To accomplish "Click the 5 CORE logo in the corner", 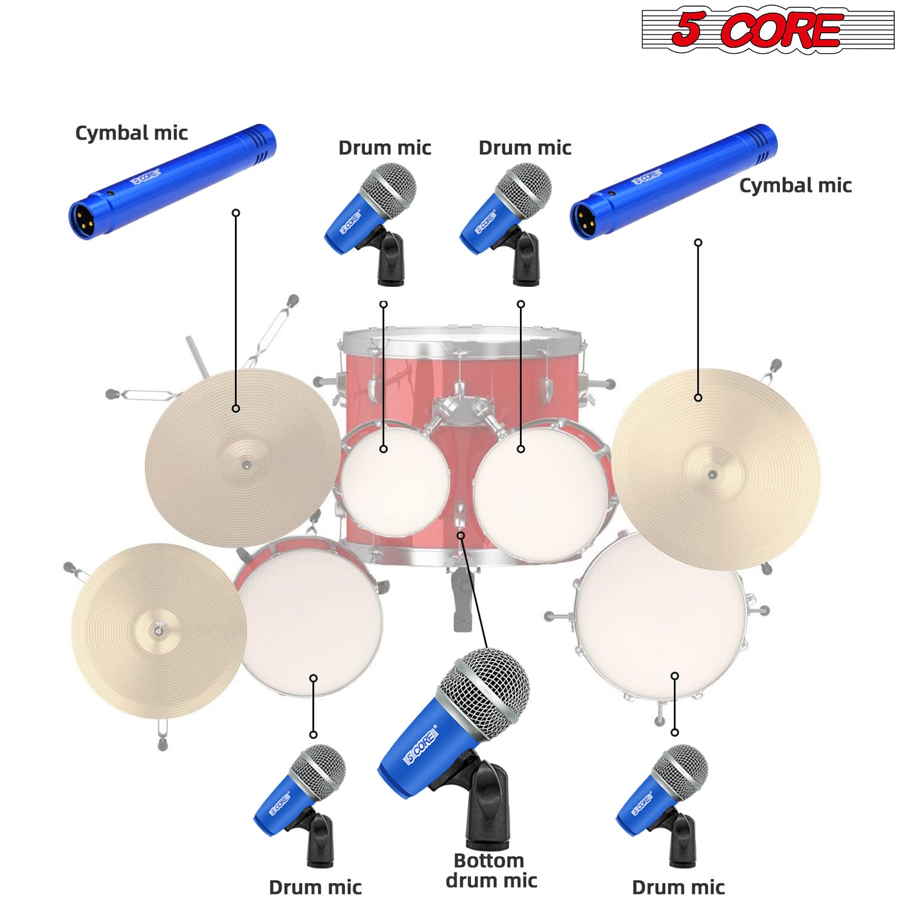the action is pos(768,30).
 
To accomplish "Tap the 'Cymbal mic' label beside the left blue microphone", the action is pos(131,133).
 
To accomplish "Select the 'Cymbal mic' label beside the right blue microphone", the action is pos(795,185).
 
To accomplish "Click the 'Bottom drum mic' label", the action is pos(491,870).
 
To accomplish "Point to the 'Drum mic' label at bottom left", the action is pos(315,887).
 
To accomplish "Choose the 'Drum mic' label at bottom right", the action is pos(678,887).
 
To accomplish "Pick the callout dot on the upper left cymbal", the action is pos(236,409).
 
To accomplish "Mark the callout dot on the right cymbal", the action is pos(698,397).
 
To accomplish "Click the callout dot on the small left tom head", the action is pos(384,449).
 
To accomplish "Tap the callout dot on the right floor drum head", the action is pos(675,676).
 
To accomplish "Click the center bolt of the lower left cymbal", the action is pos(158,630).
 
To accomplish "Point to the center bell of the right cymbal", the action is pos(713,474).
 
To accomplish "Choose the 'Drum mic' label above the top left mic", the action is pos(385,148).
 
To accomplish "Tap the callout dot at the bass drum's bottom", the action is pos(461,535).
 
